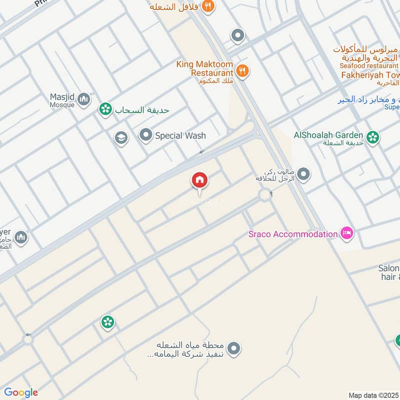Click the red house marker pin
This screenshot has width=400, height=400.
(199, 180)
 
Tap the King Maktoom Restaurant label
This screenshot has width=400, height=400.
(204, 68)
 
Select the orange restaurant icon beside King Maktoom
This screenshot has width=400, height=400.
(242, 70)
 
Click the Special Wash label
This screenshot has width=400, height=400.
(180, 135)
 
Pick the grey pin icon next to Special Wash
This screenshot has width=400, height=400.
(145, 135)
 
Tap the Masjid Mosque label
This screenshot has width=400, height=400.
(62, 100)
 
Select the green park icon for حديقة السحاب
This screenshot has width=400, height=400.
(105, 108)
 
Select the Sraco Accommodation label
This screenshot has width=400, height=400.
(293, 234)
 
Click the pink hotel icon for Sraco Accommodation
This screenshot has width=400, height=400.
(346, 233)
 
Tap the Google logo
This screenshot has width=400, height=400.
(21, 392)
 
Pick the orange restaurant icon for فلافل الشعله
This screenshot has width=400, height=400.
(209, 6)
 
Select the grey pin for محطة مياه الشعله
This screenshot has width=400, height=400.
(233, 348)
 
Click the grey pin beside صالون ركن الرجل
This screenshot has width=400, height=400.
(303, 174)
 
